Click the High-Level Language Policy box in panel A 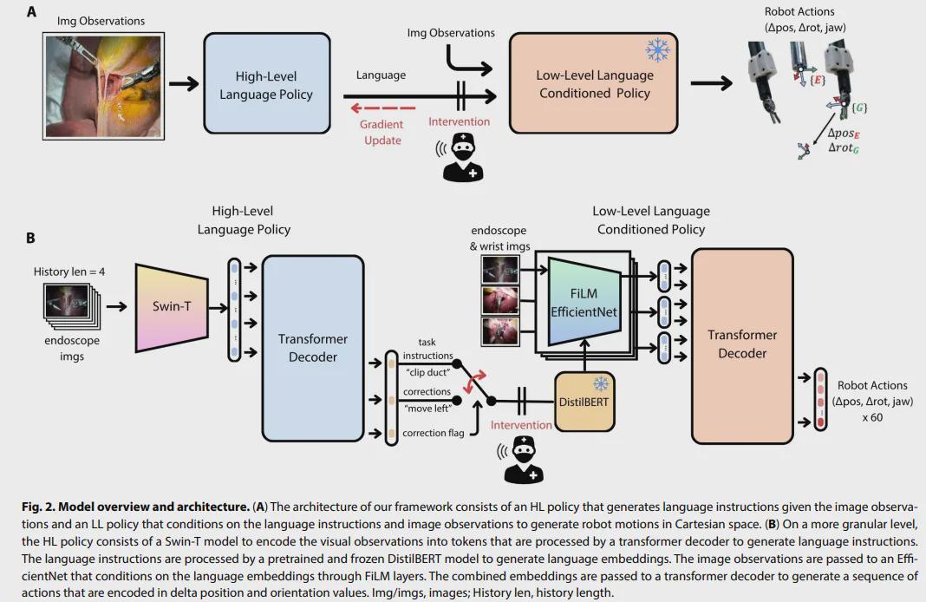tap(266, 84)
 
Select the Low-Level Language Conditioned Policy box tap(594, 84)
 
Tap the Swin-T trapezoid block tap(172, 307)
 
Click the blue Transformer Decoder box tap(313, 347)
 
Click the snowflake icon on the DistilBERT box tap(599, 383)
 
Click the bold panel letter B tap(30, 237)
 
